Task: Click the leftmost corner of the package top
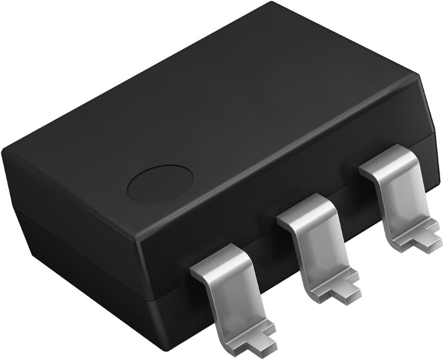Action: pyautogui.click(x=5, y=149)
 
